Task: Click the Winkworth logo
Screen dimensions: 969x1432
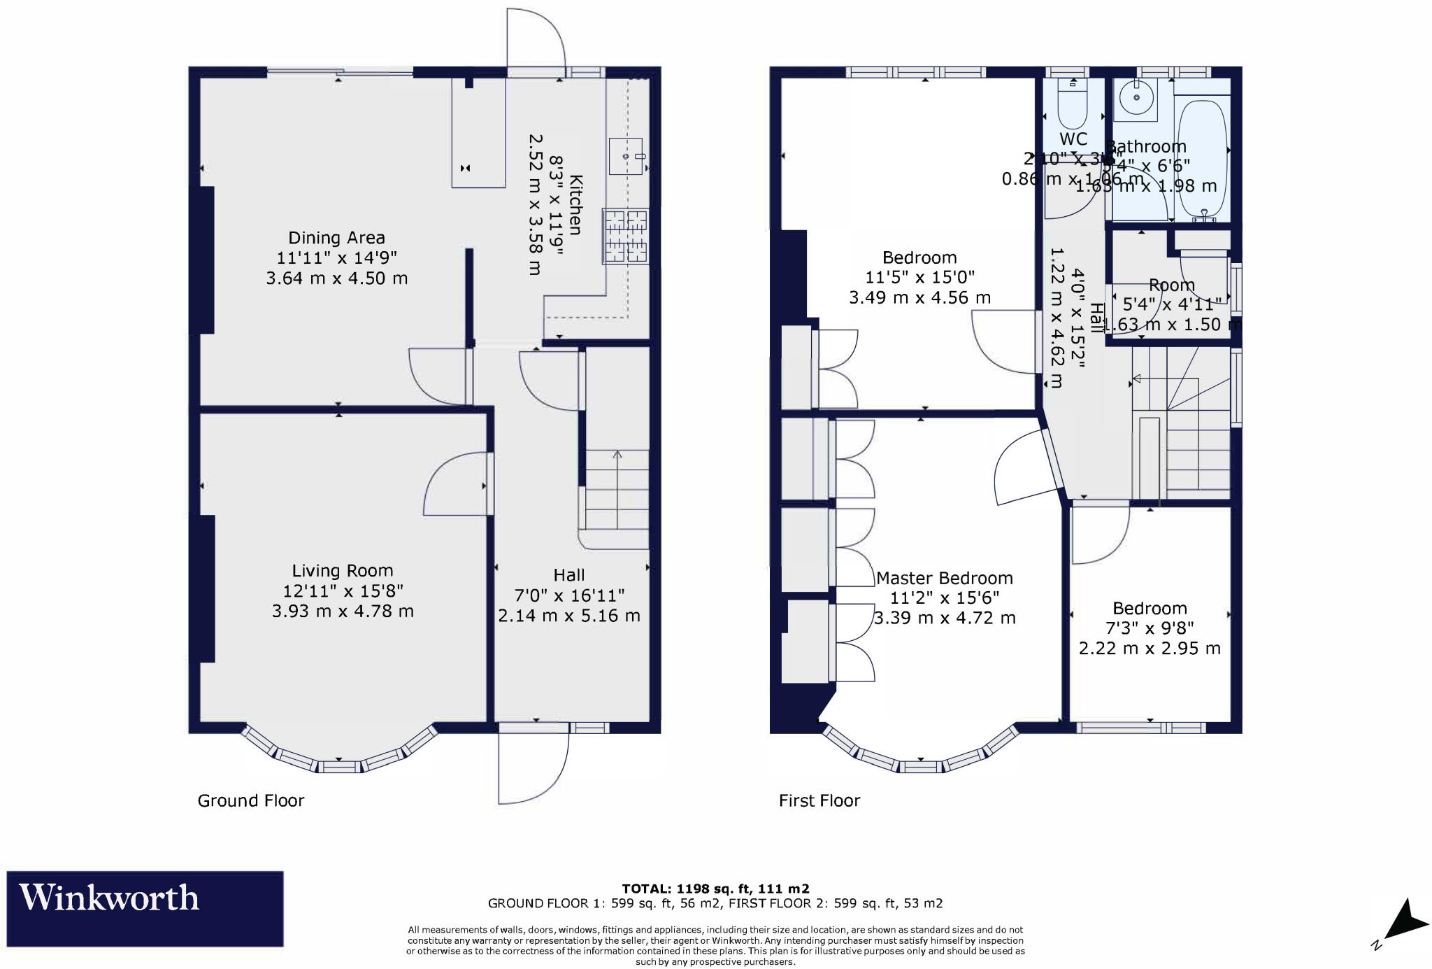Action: (145, 908)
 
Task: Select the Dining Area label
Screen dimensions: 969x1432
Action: (336, 238)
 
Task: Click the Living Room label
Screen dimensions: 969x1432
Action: (342, 571)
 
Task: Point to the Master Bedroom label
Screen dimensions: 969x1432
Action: (944, 579)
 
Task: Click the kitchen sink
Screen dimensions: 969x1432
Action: (625, 156)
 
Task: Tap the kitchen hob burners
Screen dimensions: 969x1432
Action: (626, 236)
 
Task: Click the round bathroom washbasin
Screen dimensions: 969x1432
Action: (1137, 98)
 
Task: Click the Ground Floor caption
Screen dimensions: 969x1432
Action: (251, 800)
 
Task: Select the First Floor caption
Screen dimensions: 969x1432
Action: (819, 800)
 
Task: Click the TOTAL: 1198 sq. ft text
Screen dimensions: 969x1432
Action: (715, 889)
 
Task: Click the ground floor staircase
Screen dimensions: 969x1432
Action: (617, 490)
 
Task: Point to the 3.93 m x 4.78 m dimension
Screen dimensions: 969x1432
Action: (343, 611)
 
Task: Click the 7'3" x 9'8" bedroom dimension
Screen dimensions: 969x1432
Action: (1150, 628)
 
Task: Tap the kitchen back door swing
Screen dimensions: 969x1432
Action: (535, 38)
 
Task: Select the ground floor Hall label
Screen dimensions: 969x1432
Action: (568, 575)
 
